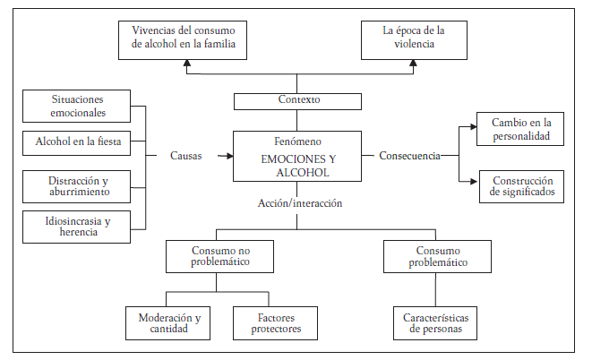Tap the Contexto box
[299, 101]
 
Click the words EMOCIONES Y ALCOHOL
[299, 164]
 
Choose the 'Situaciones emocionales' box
[77, 106]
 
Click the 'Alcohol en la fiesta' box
[77, 141]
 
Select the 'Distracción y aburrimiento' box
[77, 185]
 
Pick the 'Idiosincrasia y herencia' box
[77, 226]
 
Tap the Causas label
[186, 156]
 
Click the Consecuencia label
[409, 156]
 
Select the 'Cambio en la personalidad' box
[519, 129]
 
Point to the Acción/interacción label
[299, 202]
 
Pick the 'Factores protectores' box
[277, 323]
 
